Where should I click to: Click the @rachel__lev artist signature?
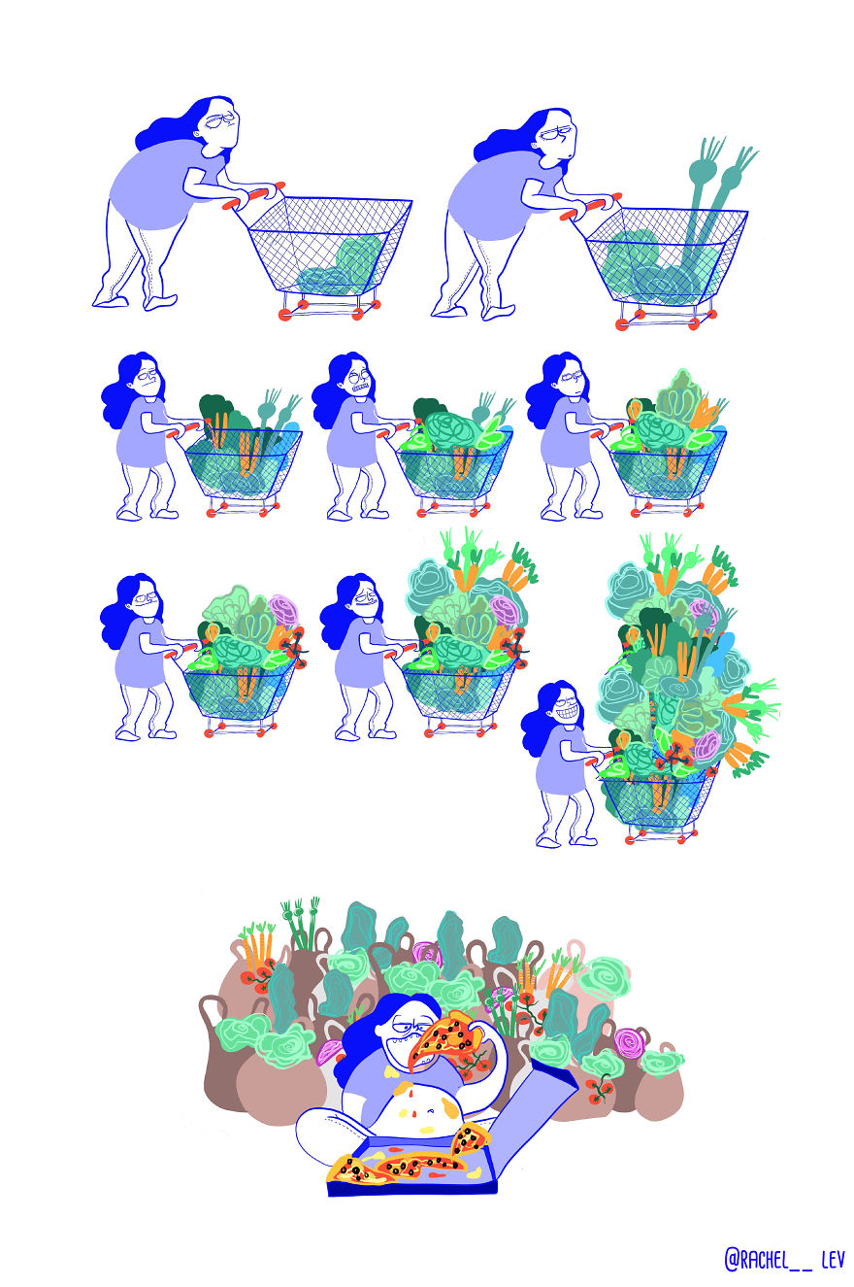[784, 1260]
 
